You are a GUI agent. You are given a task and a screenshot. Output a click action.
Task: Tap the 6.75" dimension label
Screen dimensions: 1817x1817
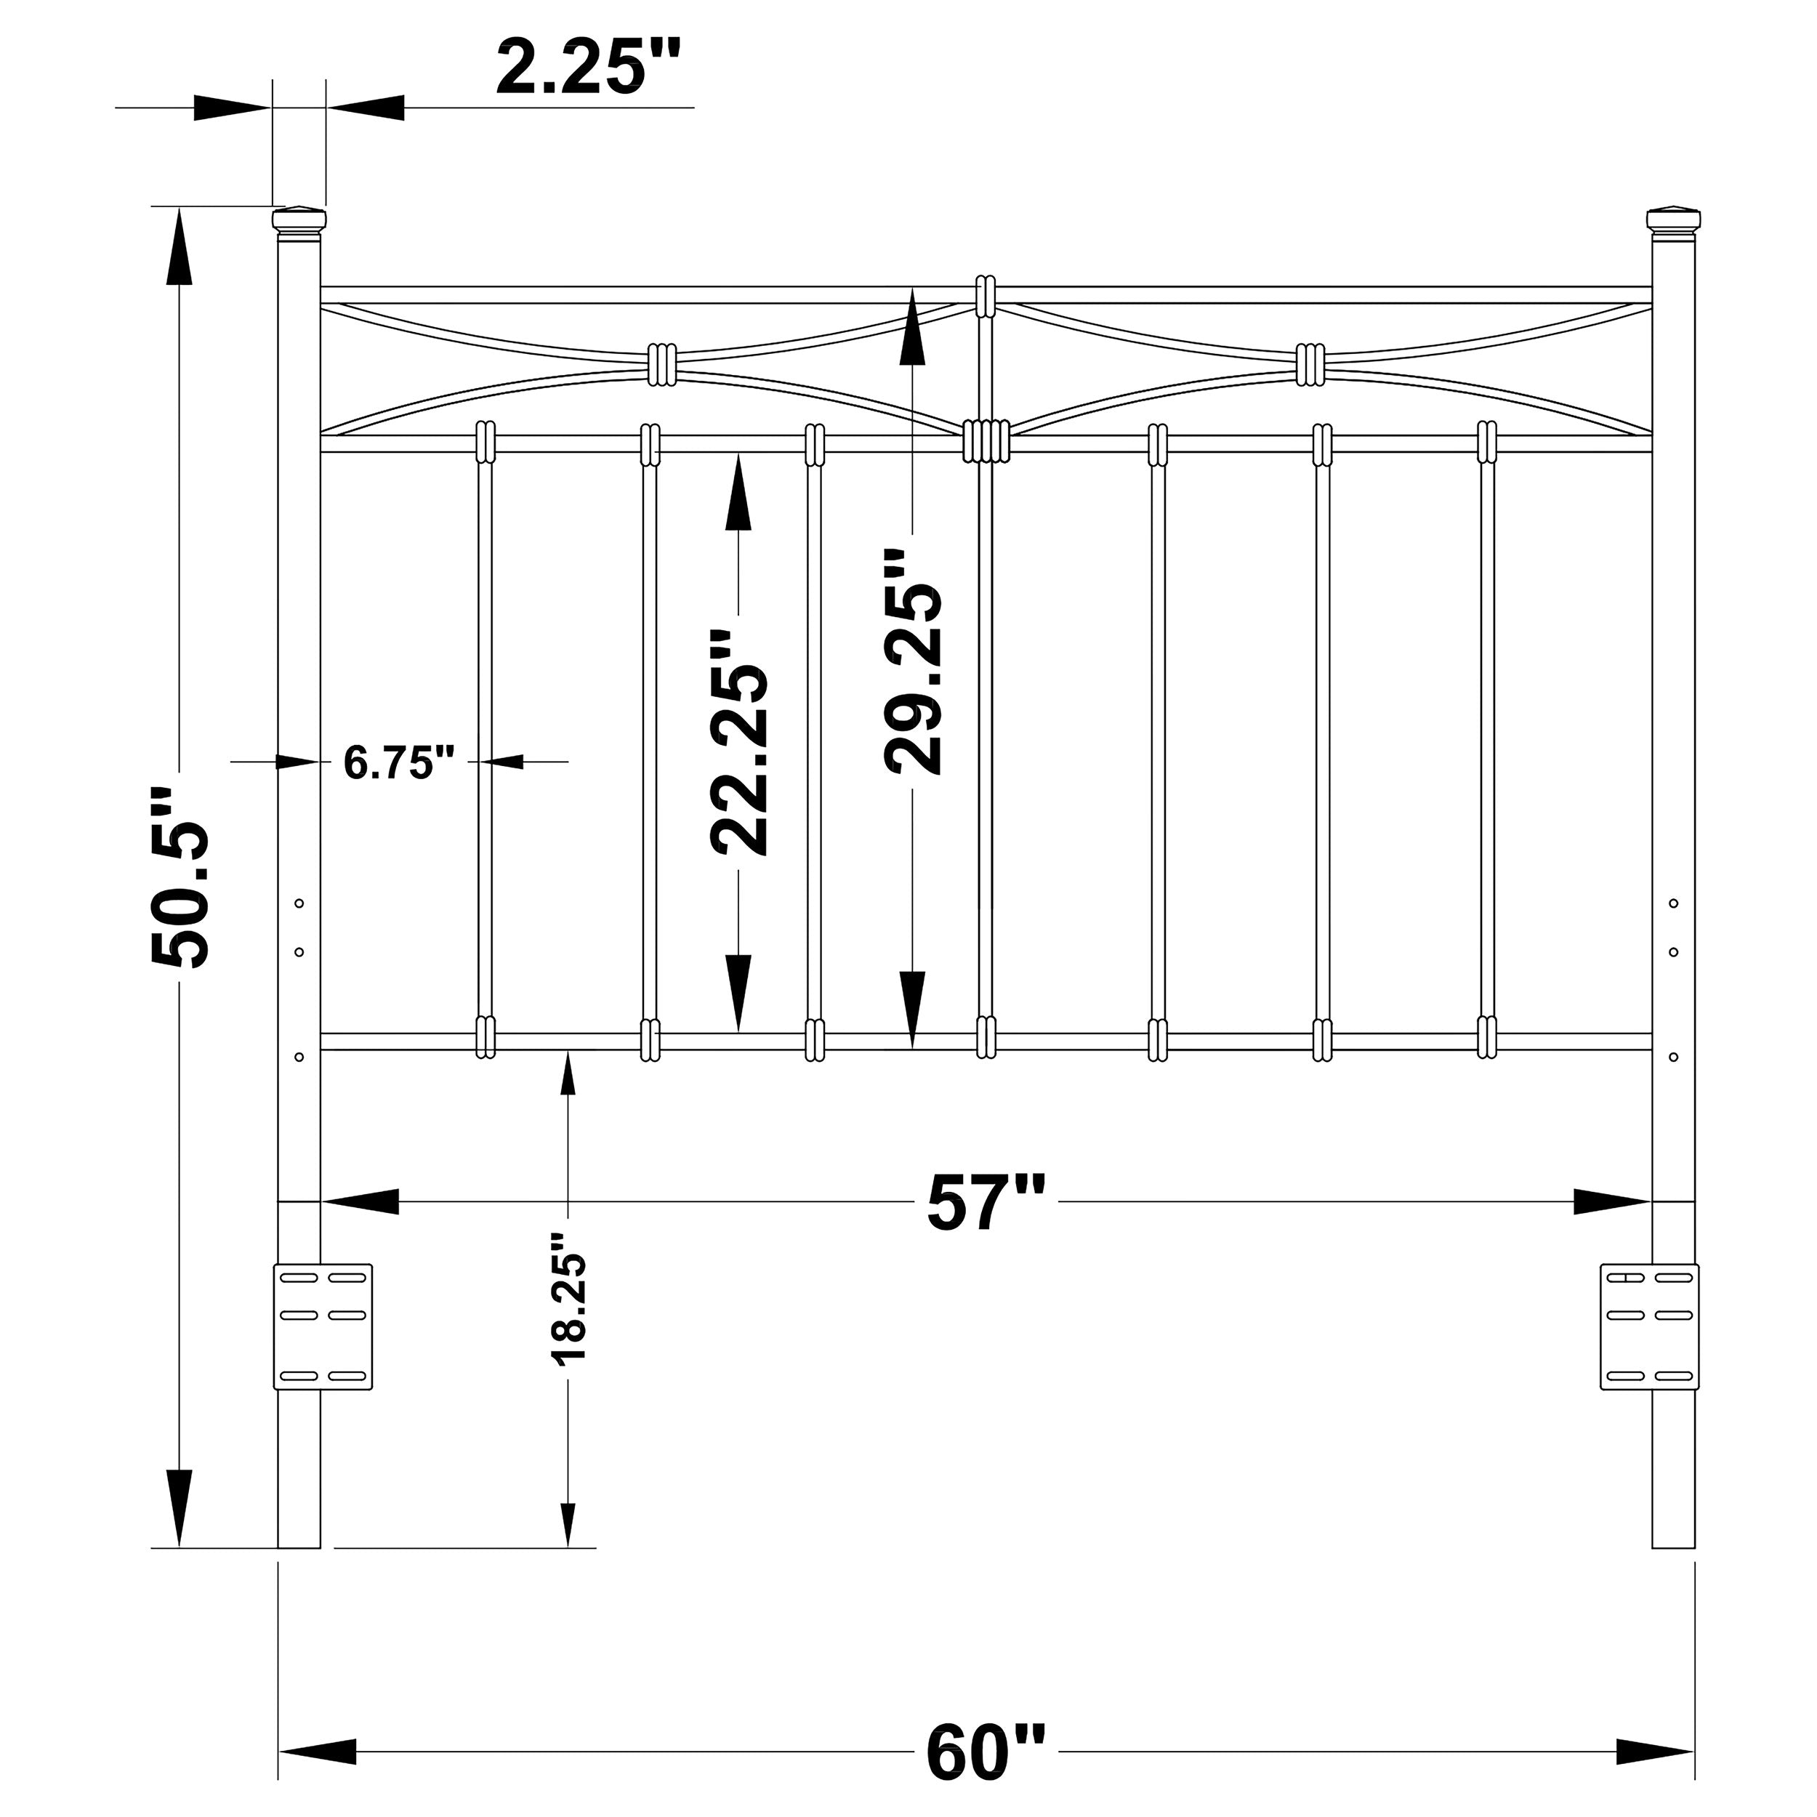click(x=400, y=762)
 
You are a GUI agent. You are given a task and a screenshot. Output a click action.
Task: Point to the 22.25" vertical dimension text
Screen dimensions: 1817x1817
click(x=738, y=743)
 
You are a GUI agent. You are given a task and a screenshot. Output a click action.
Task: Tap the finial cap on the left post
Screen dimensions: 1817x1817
click(x=299, y=220)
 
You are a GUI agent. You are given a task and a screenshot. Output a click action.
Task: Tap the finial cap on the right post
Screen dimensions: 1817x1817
click(x=1674, y=220)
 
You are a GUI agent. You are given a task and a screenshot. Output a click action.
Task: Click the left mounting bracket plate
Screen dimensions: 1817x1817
click(x=323, y=1327)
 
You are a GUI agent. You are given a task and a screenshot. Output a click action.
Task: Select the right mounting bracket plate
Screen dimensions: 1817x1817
click(x=1650, y=1327)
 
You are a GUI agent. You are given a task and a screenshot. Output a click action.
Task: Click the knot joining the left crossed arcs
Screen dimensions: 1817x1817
click(x=662, y=364)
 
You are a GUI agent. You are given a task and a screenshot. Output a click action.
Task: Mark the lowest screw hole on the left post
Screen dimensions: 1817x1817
click(x=299, y=1057)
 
